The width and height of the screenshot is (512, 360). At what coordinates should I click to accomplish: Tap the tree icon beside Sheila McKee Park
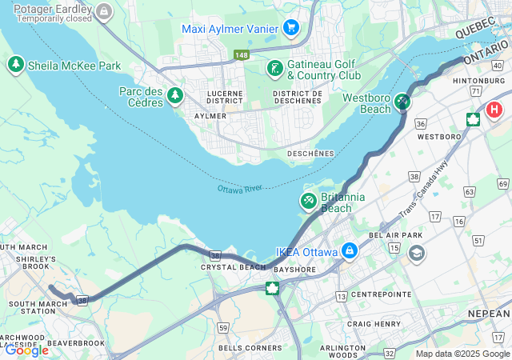point(15,64)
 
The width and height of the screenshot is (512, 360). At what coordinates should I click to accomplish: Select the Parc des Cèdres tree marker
point(175,96)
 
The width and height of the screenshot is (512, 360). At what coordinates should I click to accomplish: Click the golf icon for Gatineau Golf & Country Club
point(274,68)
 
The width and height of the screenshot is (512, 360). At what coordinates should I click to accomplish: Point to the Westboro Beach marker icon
point(402,102)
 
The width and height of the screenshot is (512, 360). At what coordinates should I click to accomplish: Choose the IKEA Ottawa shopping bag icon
point(349,251)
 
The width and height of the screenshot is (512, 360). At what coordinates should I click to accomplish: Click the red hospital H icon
point(494,110)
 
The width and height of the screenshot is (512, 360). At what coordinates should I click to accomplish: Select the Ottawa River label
point(240,189)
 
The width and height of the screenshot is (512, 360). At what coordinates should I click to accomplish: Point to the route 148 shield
point(241,54)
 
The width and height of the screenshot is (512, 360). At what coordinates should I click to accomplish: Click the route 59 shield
point(223,328)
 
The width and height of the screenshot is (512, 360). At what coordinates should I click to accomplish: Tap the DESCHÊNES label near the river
point(310,153)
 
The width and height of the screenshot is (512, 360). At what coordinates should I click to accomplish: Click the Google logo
point(26,350)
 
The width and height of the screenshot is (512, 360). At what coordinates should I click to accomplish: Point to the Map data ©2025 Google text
point(462,354)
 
